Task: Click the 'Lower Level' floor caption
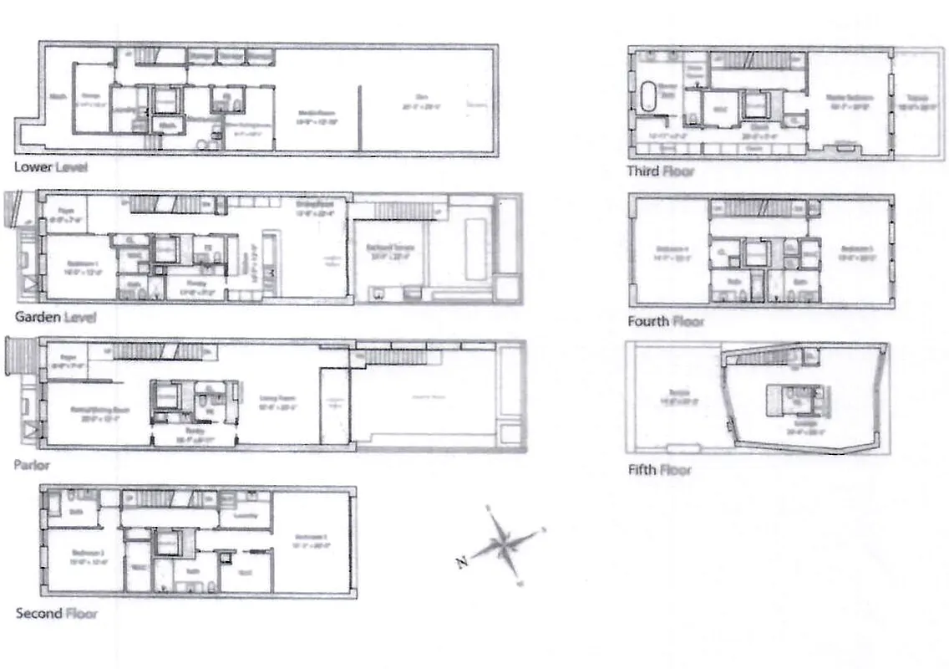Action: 50,167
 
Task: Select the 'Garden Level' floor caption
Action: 55,317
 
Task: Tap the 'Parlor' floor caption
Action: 33,464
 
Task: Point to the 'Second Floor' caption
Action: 56,613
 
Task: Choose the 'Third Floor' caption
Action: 660,171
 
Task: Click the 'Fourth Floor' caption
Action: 666,321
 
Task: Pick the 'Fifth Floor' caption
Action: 659,470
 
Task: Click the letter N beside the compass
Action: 460,563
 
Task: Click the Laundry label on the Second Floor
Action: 246,517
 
